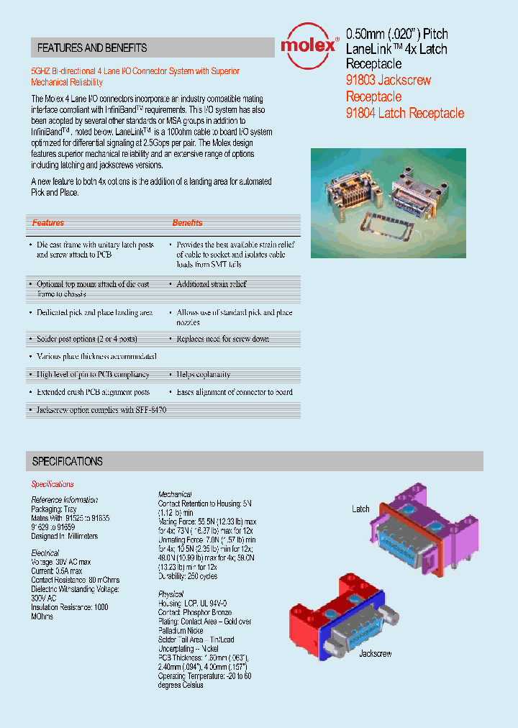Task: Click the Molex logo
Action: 309,45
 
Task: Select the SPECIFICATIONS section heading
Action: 68,461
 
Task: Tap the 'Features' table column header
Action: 48,223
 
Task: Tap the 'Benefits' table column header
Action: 187,223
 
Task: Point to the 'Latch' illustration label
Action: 360,509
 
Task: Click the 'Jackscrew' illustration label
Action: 375,654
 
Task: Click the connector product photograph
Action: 388,203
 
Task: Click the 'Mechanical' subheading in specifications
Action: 175,494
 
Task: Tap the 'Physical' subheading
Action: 171,593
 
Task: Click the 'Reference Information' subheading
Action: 64,500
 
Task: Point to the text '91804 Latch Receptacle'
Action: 405,113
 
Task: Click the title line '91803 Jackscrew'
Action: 388,81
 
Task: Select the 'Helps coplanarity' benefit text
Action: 204,374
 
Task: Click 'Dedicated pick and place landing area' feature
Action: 95,313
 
